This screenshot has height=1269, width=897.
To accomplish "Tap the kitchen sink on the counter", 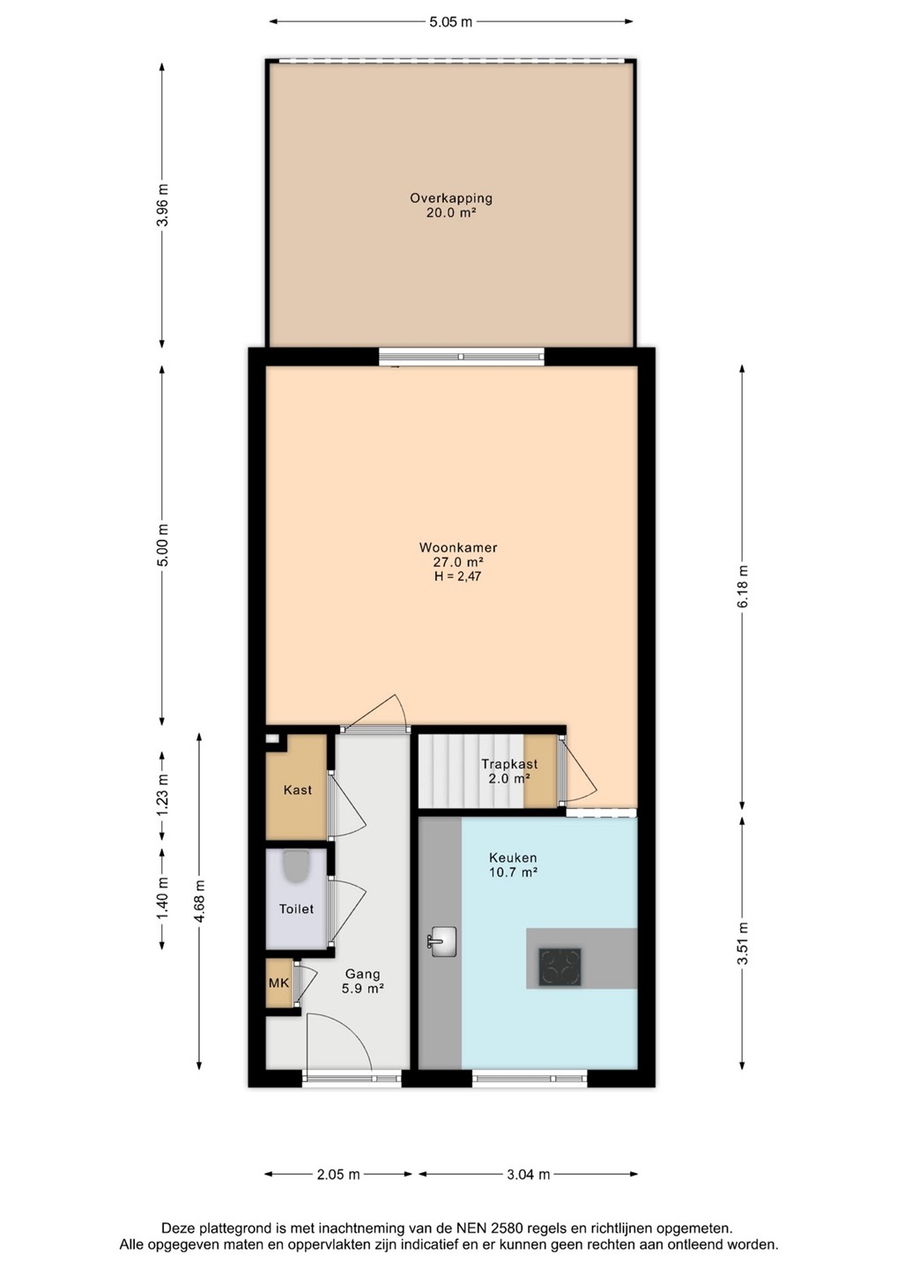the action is click(442, 941).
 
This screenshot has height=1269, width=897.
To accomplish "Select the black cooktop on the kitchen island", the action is click(560, 968).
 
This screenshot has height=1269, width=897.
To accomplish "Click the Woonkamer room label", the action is click(458, 547).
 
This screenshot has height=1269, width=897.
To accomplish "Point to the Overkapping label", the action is click(451, 198).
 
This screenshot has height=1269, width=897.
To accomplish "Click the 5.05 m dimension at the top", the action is click(451, 22).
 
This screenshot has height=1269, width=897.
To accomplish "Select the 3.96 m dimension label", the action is click(162, 204).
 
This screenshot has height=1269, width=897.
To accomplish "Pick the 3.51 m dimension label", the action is click(743, 943).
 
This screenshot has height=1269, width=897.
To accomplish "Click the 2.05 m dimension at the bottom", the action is click(338, 1175).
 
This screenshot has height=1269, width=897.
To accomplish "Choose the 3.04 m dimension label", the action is click(529, 1175).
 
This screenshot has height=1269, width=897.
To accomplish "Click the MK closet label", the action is click(278, 983).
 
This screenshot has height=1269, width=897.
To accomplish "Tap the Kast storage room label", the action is click(297, 790).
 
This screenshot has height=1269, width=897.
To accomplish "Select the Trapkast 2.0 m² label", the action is click(509, 771).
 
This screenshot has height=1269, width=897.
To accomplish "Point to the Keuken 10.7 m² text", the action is click(513, 865).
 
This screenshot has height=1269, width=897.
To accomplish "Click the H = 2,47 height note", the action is click(458, 576).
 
